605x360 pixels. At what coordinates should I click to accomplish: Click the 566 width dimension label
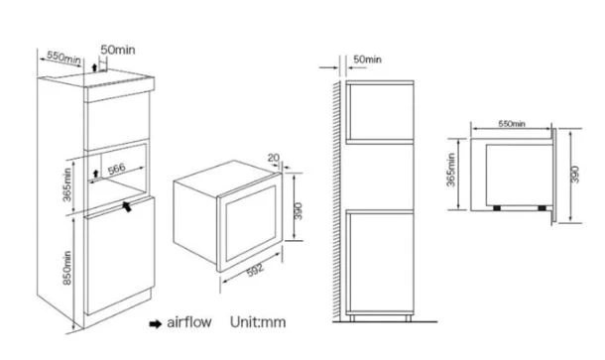116,169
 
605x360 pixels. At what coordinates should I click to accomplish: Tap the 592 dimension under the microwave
256,270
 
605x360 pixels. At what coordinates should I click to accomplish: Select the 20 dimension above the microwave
273,158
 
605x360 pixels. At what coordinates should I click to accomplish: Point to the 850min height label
67,268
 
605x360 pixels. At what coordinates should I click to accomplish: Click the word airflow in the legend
189,322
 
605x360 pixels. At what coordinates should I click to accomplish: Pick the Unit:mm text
258,322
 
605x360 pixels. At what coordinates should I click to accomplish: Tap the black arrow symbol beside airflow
156,323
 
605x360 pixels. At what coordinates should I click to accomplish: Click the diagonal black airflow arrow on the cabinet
127,206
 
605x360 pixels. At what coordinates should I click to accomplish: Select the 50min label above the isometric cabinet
118,50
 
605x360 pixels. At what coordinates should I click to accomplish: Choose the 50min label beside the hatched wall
367,60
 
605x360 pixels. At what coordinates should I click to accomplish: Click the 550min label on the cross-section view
512,124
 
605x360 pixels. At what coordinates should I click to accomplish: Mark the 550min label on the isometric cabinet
63,58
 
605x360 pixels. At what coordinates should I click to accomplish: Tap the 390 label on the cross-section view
574,175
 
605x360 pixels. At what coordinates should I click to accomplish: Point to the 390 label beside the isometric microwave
298,211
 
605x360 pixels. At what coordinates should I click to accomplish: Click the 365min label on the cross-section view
450,170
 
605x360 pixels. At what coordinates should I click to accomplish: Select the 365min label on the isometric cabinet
66,184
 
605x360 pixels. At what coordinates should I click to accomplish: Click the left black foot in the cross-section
497,208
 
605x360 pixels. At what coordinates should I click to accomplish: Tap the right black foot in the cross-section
543,208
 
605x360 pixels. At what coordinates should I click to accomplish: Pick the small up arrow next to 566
95,174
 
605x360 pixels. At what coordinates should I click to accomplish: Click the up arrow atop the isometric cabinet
94,67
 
